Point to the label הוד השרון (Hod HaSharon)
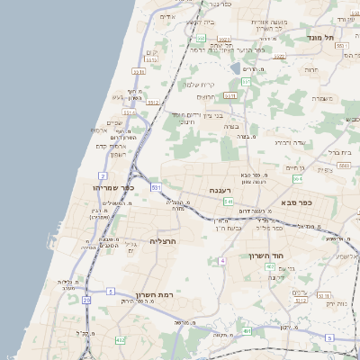(267, 256)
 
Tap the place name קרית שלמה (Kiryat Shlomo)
(200, 85)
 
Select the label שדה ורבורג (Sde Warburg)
(291, 141)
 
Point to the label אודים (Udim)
(166, 16)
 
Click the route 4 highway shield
(220, 261)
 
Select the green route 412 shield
(120, 340)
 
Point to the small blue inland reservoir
(236, 68)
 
